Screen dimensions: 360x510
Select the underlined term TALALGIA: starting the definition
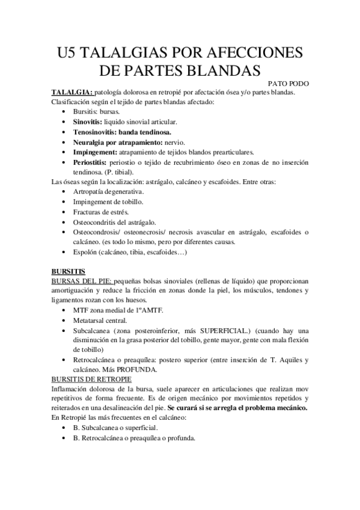(x=72, y=93)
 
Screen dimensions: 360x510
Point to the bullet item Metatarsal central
(x=100, y=321)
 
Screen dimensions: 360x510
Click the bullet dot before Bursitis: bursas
(x=65, y=112)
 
